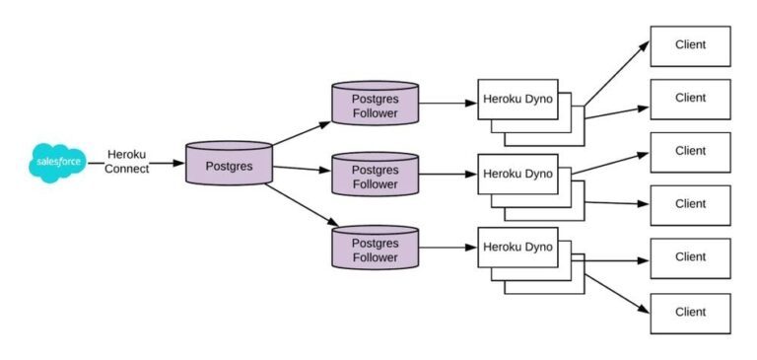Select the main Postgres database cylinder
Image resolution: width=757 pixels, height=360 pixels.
(x=229, y=164)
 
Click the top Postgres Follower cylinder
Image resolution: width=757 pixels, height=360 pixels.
(x=375, y=103)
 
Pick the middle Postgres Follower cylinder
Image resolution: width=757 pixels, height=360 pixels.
(x=375, y=175)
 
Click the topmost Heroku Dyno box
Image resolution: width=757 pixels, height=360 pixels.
(x=517, y=100)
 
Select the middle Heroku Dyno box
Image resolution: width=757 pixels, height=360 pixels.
(x=517, y=174)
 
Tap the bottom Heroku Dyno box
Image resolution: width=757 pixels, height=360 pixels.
(x=517, y=247)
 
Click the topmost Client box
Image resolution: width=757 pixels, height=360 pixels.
(x=690, y=46)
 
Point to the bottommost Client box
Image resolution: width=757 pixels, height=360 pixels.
(x=690, y=312)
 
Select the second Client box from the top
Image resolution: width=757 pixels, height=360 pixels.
(x=690, y=99)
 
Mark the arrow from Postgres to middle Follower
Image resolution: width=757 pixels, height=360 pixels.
(x=302, y=169)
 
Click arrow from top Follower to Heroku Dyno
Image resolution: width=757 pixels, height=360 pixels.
(x=447, y=102)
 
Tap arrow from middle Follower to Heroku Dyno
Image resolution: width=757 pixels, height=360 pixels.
(x=447, y=175)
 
